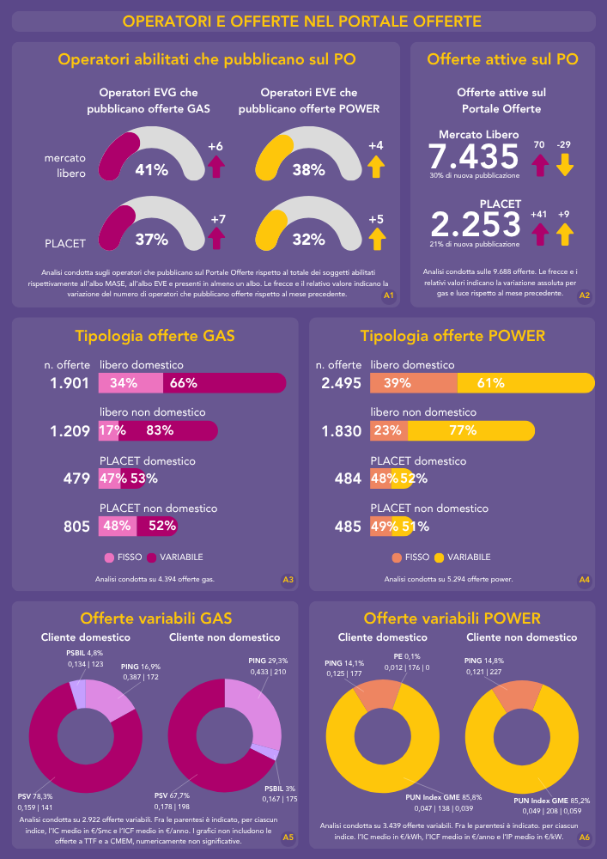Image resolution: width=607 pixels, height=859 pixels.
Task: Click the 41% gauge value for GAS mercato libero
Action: (151, 170)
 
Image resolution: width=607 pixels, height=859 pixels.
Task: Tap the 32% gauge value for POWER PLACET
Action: (307, 239)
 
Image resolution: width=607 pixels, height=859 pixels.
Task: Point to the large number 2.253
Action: (476, 225)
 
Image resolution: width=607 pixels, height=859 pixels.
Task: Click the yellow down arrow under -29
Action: (564, 164)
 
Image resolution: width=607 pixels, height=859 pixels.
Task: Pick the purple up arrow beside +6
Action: (215, 166)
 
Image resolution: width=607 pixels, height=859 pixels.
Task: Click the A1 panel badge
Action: (388, 295)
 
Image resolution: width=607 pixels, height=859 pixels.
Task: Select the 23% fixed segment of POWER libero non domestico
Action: (389, 430)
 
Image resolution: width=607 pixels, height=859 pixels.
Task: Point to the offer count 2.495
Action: (342, 383)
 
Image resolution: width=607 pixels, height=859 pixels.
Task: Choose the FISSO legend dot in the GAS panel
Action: (109, 557)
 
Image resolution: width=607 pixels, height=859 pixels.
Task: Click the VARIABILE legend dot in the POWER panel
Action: (440, 557)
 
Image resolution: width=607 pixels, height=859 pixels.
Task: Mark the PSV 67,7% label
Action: (172, 795)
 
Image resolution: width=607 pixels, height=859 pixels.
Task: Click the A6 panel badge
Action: (584, 837)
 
